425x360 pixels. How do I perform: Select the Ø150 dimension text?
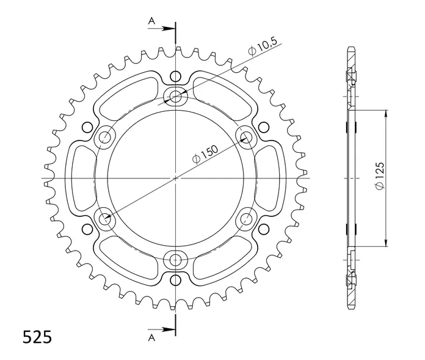[205, 155]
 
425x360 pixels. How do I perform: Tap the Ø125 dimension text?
[379, 176]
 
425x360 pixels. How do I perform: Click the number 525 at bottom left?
[37, 337]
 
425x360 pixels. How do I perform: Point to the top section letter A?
[151, 20]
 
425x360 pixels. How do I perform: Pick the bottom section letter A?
[151, 337]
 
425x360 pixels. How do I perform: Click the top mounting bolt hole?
[176, 95]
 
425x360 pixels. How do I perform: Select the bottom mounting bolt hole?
[176, 260]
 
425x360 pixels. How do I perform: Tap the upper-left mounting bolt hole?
[104, 138]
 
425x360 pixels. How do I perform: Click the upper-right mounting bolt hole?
[247, 138]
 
